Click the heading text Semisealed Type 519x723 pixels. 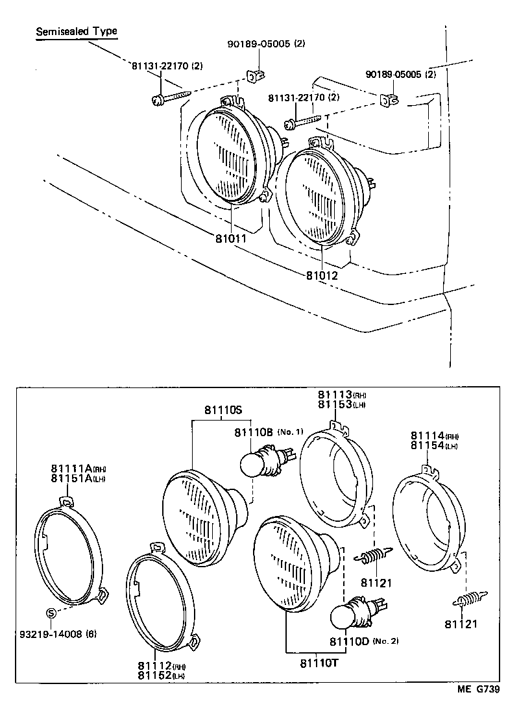click(77, 31)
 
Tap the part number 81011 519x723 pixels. click(231, 238)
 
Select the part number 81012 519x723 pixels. click(322, 275)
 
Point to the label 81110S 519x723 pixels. click(223, 410)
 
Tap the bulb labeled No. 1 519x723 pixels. click(254, 464)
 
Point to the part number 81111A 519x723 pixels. click(72, 469)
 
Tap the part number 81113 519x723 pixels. click(334, 395)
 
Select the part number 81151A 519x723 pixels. click(72, 479)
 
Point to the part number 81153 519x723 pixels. click(334, 404)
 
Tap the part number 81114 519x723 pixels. click(426, 435)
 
